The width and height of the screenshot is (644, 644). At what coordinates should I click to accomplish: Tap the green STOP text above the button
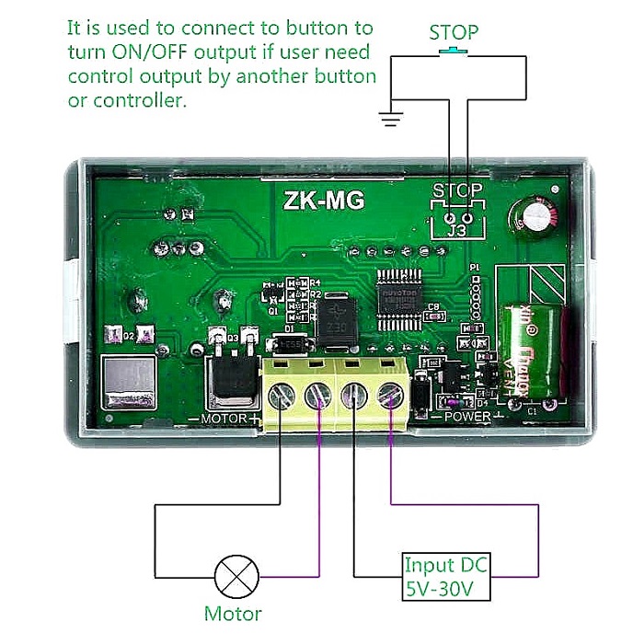pyautogui.click(x=454, y=32)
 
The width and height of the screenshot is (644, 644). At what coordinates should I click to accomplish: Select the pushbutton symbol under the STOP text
pyautogui.click(x=454, y=52)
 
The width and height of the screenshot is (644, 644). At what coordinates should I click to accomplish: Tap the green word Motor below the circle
pyautogui.click(x=233, y=614)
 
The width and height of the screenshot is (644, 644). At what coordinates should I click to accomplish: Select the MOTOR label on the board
pyautogui.click(x=224, y=419)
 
